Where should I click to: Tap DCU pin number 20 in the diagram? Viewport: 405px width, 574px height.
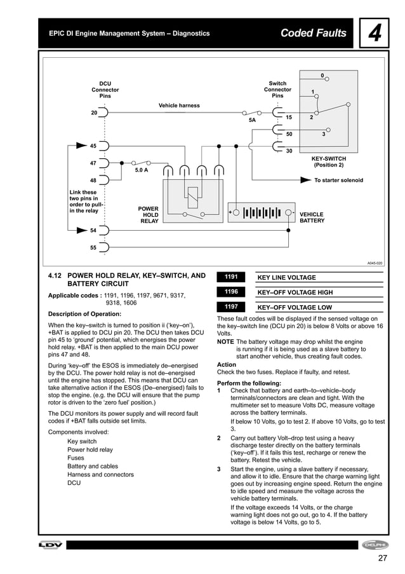[94, 113]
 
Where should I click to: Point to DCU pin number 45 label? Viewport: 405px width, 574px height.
[93, 146]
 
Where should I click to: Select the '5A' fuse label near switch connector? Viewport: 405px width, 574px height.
[252, 120]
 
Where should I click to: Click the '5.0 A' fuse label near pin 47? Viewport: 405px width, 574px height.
[141, 170]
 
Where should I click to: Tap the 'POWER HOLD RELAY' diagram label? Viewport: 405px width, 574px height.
[149, 215]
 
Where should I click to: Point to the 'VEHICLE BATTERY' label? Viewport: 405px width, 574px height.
[312, 217]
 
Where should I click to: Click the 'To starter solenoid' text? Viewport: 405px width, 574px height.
[339, 181]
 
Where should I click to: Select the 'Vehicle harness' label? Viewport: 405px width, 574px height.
[179, 106]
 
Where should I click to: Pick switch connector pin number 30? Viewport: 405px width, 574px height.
[289, 151]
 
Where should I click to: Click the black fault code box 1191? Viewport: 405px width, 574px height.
[231, 277]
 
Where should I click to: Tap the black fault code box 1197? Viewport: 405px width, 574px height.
[231, 306]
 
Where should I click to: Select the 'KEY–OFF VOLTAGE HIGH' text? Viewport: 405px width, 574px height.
[295, 292]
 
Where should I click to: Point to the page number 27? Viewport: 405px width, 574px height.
[382, 559]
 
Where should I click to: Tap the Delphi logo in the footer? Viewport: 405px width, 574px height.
[375, 545]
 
